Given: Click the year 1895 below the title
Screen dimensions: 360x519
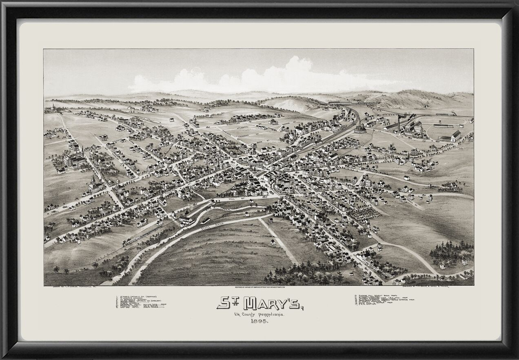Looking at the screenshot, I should click(257, 322).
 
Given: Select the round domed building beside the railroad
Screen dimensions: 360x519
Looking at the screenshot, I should click(359, 129).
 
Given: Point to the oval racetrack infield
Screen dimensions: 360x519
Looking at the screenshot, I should click(447, 130).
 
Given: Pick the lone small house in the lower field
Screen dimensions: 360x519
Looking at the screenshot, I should click(273, 242).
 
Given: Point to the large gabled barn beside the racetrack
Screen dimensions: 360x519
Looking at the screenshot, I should click(455, 136).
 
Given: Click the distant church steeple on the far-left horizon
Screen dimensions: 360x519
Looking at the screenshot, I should click(52, 107).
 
